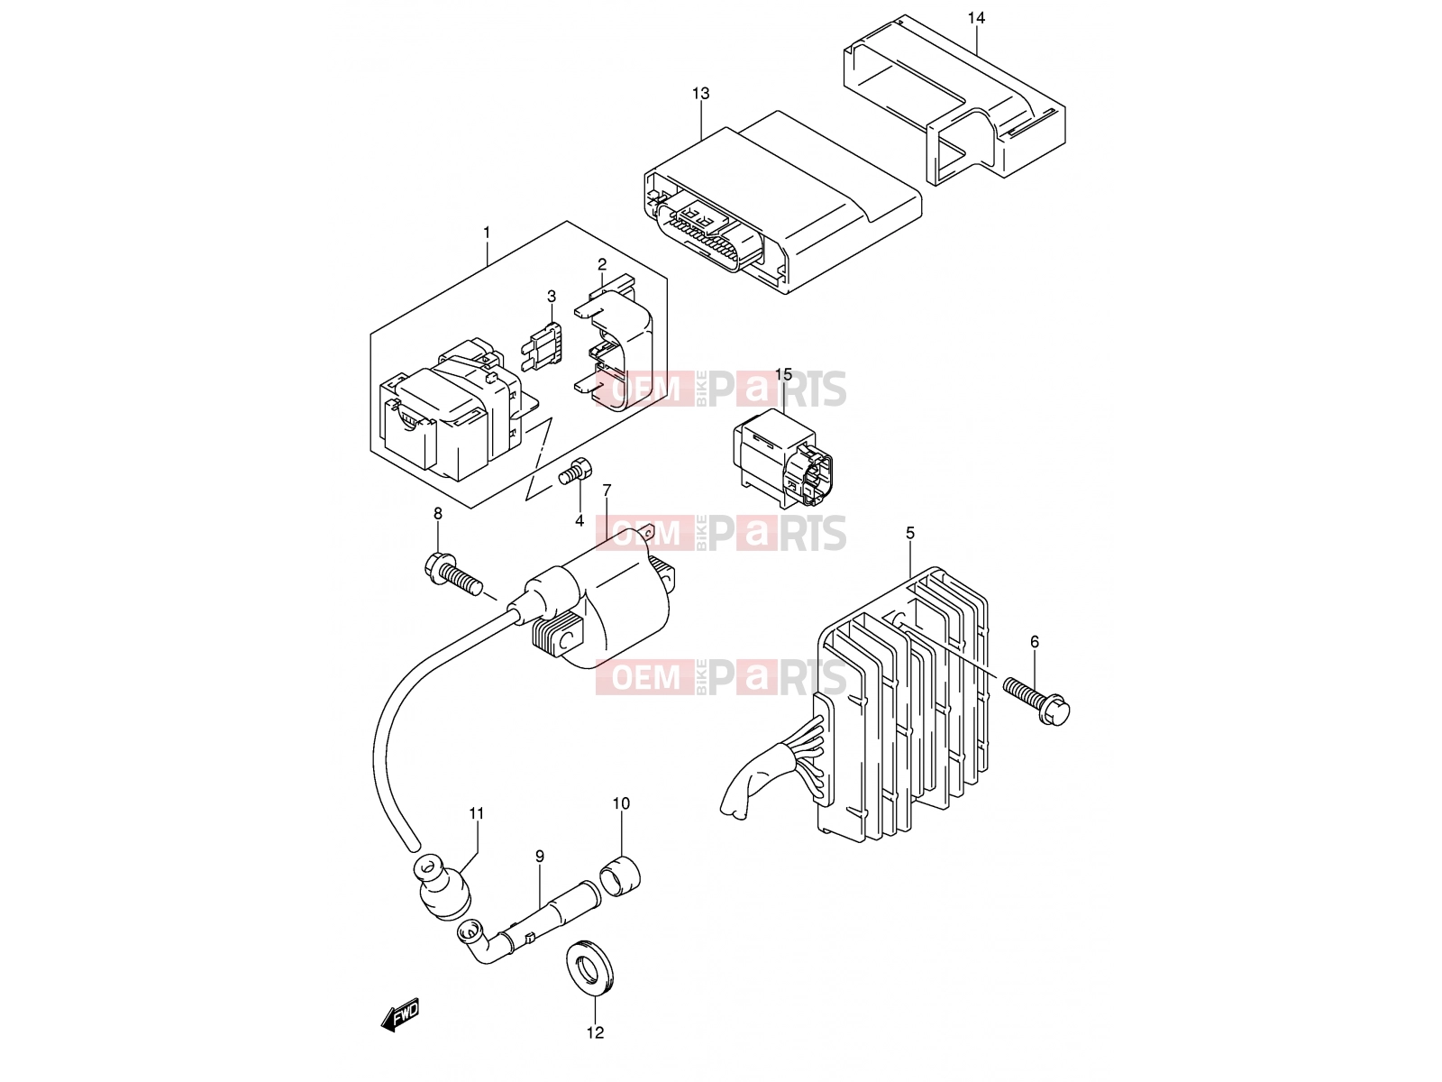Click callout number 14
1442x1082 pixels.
click(976, 18)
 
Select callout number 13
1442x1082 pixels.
click(701, 94)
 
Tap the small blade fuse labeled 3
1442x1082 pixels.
click(543, 346)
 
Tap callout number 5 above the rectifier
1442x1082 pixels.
click(910, 534)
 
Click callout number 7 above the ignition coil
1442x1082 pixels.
click(607, 491)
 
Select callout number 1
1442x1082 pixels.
click(487, 233)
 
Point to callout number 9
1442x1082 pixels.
click(539, 857)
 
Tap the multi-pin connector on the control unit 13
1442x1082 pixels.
click(712, 234)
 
